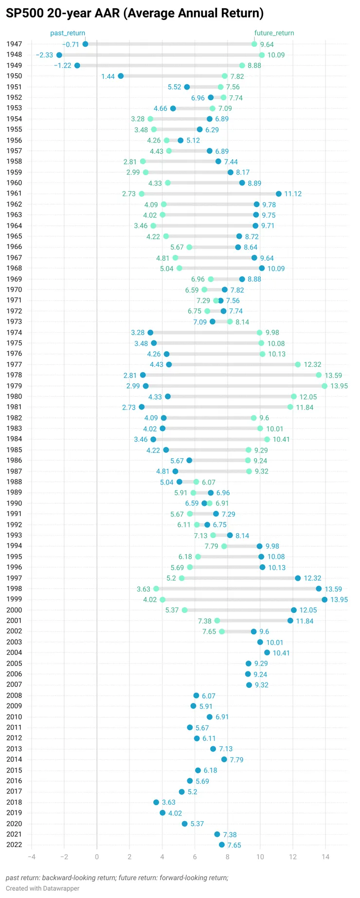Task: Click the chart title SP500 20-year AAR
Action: point(134,13)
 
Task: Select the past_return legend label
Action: point(68,33)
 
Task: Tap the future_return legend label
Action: point(274,33)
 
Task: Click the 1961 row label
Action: point(14,194)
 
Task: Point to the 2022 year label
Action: point(14,844)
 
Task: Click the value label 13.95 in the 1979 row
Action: point(339,386)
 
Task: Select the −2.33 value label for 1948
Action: point(44,55)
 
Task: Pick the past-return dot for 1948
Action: point(59,55)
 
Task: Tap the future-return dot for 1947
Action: point(254,44)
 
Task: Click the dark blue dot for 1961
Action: point(278,194)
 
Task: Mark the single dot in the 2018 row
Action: point(156,802)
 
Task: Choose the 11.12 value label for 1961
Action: point(293,194)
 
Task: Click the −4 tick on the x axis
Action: point(32,857)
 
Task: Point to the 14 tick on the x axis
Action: point(325,857)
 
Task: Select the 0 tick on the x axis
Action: point(97,857)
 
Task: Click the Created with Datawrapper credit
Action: point(42,888)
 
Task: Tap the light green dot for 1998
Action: point(156,589)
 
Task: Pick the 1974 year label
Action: point(14,332)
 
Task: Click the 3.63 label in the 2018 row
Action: point(169,802)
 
